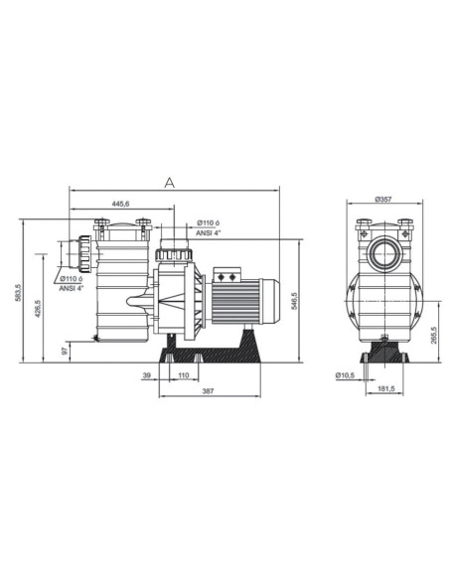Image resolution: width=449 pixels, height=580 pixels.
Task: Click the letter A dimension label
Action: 170,182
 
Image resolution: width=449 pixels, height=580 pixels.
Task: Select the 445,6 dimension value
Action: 120,205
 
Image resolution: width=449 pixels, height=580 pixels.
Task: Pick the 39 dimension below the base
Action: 147,376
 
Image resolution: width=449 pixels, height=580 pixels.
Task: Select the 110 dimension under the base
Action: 182,376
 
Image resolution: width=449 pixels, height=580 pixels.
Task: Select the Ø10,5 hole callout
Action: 345,376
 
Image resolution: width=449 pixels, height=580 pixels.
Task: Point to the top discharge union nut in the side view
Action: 175,256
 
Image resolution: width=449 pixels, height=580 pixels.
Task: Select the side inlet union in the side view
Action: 82,254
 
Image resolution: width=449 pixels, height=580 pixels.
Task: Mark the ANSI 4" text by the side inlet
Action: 72,289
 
